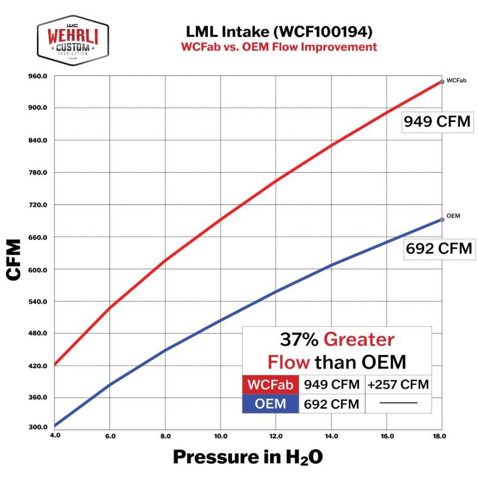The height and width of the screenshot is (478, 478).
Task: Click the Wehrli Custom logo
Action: [73, 40]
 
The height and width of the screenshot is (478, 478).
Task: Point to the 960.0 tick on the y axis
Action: [37, 76]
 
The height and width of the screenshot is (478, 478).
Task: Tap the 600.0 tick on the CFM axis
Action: [37, 269]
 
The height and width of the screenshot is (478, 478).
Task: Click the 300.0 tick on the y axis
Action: [37, 427]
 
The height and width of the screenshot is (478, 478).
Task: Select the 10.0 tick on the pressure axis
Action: [220, 437]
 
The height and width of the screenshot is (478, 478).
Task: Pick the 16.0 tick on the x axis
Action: [387, 437]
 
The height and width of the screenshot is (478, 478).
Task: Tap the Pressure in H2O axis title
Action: [247, 456]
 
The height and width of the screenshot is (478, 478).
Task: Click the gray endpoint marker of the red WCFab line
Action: [442, 81]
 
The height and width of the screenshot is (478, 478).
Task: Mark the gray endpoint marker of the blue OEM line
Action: [442, 219]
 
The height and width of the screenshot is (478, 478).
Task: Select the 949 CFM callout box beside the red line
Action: [437, 121]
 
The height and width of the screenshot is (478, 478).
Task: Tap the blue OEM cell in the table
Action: [270, 404]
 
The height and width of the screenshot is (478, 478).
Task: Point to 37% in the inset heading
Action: [299, 340]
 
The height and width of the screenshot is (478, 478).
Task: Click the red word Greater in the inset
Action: [360, 340]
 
